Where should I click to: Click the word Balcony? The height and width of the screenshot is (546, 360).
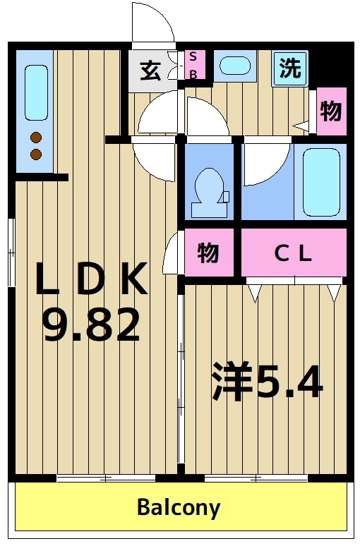(x=179, y=506)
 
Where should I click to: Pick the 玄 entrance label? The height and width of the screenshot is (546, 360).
(x=149, y=71)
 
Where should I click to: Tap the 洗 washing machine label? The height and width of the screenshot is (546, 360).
(x=289, y=68)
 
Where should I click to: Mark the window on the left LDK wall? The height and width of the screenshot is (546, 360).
(x=11, y=250)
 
